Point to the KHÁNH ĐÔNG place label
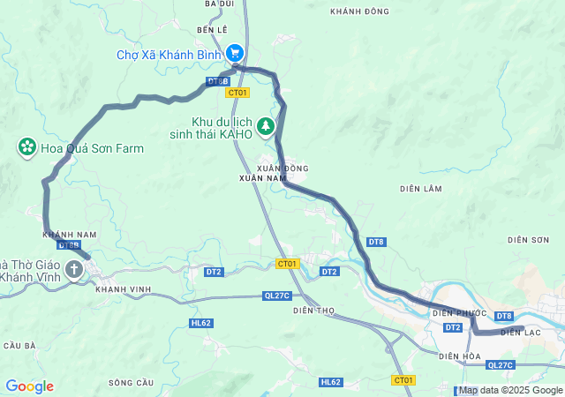tap(359, 11)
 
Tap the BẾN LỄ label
tap(213, 30)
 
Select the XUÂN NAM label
tap(258, 178)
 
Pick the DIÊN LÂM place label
tap(420, 188)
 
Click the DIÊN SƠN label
tap(529, 240)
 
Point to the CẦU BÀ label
tap(19, 345)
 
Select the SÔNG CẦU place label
tap(130, 382)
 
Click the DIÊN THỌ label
tap(315, 311)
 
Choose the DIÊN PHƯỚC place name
tap(459, 312)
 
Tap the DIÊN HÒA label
tap(461, 356)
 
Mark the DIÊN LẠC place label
tap(520, 333)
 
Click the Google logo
tap(29, 386)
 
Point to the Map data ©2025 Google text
tap(510, 390)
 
